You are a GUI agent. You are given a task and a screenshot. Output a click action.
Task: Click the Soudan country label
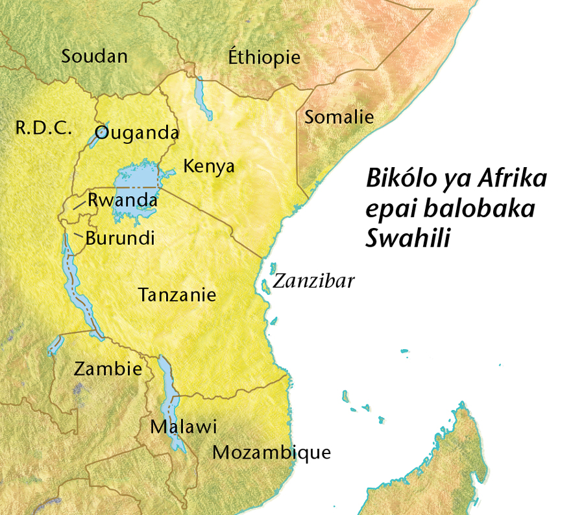[95, 56]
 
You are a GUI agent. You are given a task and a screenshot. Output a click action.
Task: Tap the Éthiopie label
[264, 57]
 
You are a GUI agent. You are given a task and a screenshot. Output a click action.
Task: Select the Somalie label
[339, 117]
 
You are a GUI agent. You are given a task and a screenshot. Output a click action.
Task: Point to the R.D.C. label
[43, 128]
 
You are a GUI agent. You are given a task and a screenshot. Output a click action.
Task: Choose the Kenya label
[208, 166]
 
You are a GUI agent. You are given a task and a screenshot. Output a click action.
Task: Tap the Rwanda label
[123, 200]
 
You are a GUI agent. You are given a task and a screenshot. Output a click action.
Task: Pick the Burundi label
[120, 238]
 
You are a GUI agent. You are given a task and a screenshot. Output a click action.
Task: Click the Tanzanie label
[177, 295]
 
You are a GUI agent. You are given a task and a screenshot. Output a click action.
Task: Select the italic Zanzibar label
[313, 281]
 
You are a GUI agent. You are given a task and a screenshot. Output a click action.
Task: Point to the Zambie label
[108, 369]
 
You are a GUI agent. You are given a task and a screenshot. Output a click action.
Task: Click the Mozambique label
[272, 452]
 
